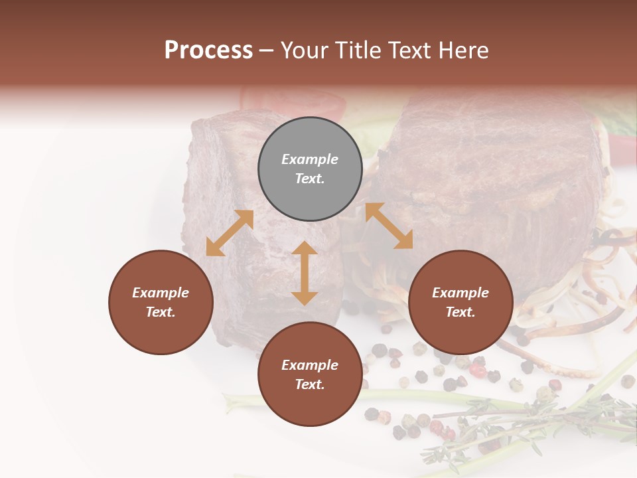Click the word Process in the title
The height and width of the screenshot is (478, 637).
tap(208, 50)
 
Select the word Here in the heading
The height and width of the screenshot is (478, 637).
tap(462, 50)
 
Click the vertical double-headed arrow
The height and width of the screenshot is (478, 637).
tap(305, 273)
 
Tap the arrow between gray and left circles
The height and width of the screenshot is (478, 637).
tap(230, 233)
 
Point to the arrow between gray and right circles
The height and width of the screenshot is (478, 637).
tap(389, 226)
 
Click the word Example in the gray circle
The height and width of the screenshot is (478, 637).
tap(310, 159)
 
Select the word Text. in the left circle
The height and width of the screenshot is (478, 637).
tap(161, 312)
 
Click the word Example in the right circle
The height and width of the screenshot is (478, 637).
tap(460, 293)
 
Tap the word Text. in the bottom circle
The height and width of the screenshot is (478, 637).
tap(310, 384)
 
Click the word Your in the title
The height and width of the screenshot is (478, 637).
tap(303, 50)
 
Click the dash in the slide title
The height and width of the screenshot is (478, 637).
tap(266, 50)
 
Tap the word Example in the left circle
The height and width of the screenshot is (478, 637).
tap(161, 293)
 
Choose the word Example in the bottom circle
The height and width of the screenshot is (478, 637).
tap(310, 365)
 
